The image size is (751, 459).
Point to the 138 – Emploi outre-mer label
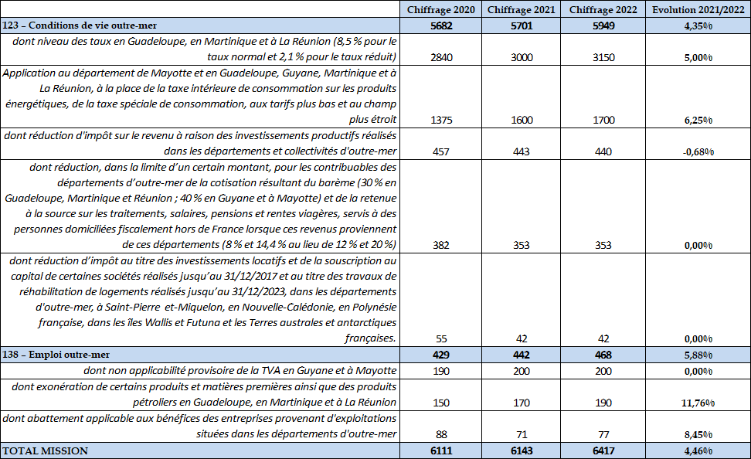[x=56, y=355]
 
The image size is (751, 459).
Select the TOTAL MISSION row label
[x=46, y=450]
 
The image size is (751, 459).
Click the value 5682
[x=440, y=25]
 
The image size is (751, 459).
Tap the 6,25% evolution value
[x=698, y=120]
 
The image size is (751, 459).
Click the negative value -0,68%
[x=698, y=151]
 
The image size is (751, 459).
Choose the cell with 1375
[x=440, y=120]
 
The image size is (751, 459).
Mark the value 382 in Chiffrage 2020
[x=440, y=246]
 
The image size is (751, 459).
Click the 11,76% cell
[x=698, y=403]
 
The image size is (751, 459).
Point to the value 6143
[x=522, y=450]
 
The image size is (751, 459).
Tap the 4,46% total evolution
[x=698, y=450]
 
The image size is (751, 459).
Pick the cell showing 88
[x=440, y=434]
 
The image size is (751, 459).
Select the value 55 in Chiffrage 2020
[x=440, y=338]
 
